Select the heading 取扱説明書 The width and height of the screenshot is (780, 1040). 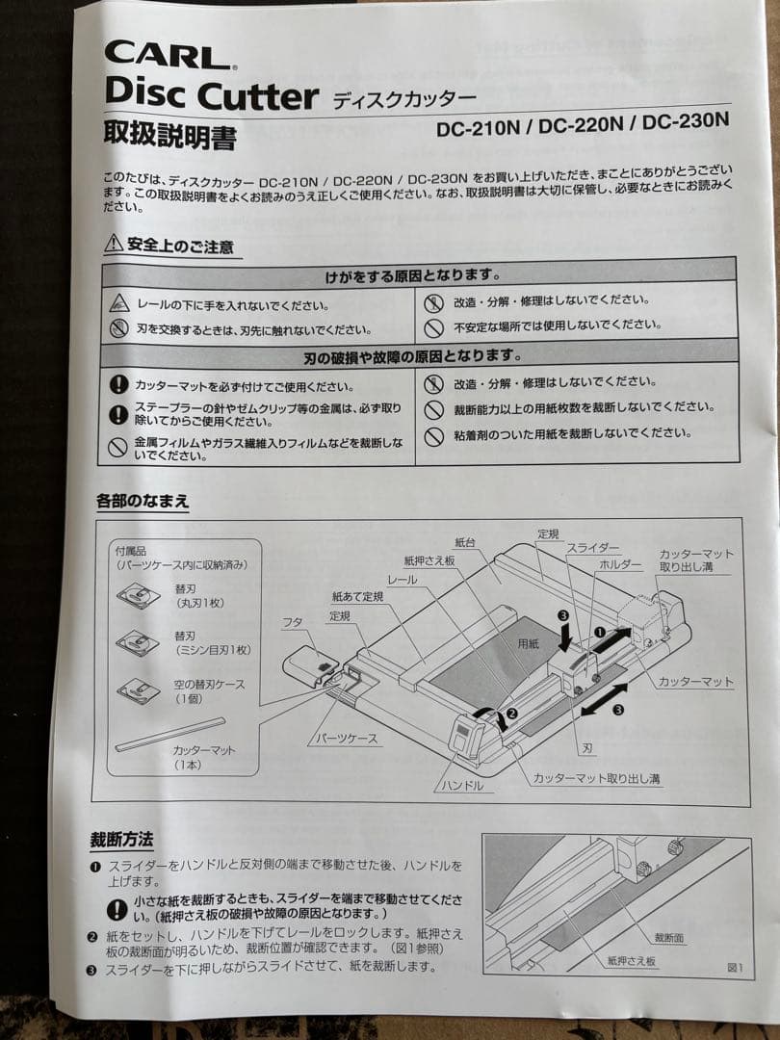[x=169, y=136]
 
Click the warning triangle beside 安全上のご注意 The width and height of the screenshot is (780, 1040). [x=114, y=245]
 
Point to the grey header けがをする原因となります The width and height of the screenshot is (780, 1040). [x=417, y=276]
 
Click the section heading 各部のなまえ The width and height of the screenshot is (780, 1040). [x=142, y=501]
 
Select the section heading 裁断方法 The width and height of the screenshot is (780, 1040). [x=121, y=839]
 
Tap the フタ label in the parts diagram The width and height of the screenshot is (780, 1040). [x=292, y=622]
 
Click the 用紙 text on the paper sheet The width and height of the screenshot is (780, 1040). [x=529, y=643]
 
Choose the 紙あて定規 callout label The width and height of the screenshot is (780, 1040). [x=357, y=597]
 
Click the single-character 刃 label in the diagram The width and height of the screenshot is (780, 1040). [x=587, y=746]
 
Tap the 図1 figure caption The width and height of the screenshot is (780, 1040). [x=735, y=967]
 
